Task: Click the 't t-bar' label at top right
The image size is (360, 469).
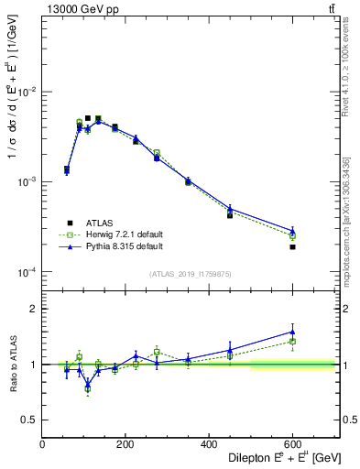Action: (x=332, y=9)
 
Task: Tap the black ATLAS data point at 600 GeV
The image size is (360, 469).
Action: (x=292, y=247)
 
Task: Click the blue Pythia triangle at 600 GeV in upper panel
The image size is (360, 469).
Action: (x=292, y=231)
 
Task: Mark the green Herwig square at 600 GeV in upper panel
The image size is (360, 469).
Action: (x=292, y=235)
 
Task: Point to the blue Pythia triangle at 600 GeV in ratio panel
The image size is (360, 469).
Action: (x=292, y=332)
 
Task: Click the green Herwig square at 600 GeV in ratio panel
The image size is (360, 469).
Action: (x=292, y=342)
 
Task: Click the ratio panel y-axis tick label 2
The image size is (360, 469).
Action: (x=32, y=309)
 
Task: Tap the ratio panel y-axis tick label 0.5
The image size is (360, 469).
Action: (x=28, y=420)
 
